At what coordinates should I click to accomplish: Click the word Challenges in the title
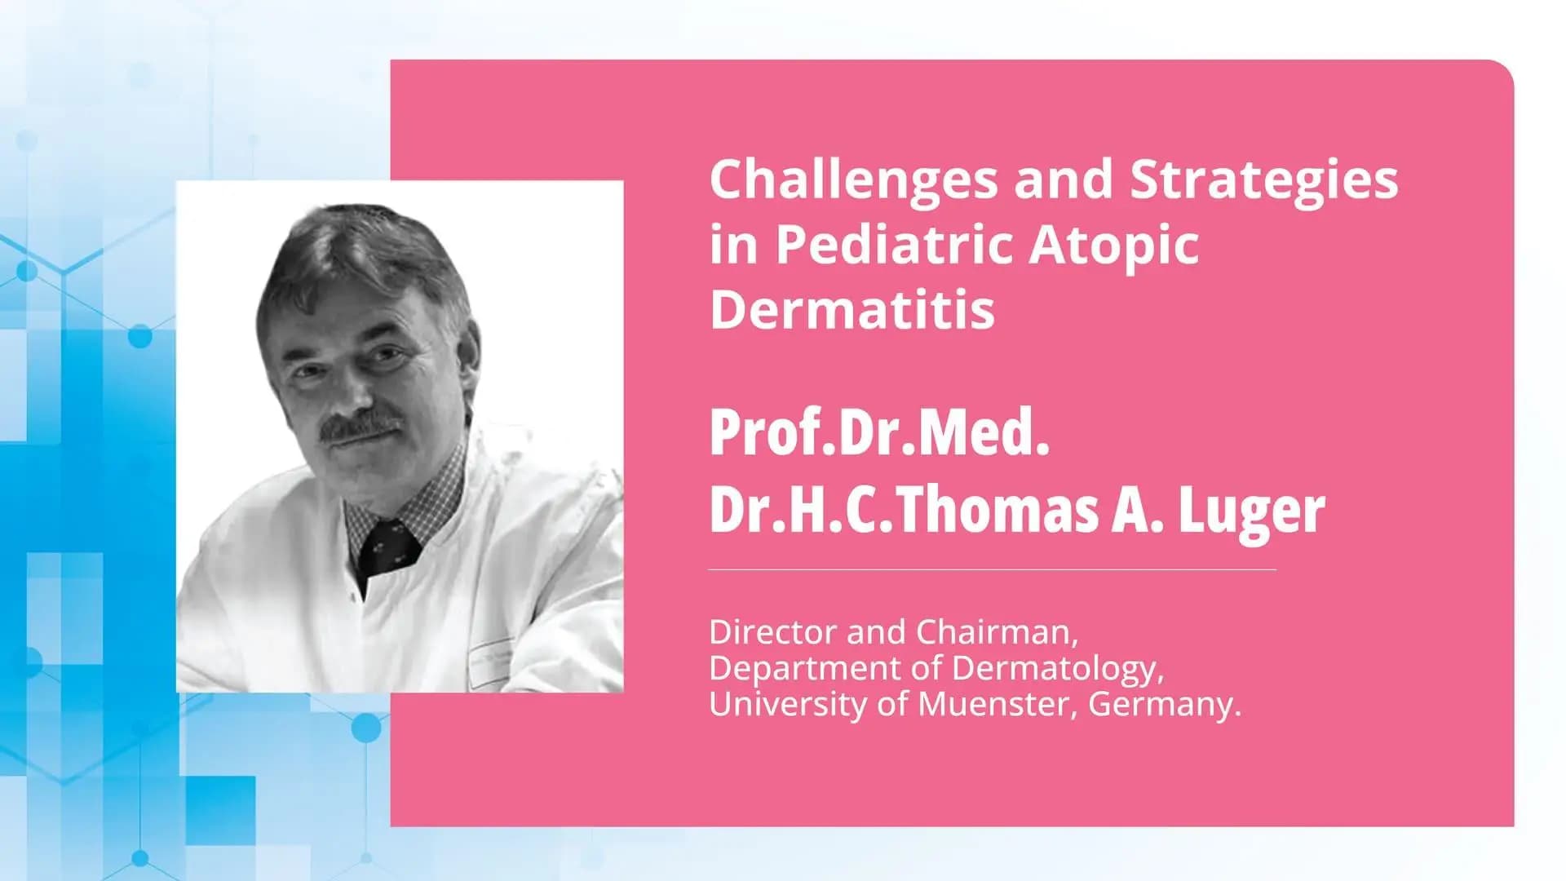pos(853,181)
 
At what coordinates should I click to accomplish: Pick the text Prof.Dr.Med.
pos(878,433)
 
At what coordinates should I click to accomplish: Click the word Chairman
pos(996,632)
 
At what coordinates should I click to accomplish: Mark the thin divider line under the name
pos(991,569)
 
